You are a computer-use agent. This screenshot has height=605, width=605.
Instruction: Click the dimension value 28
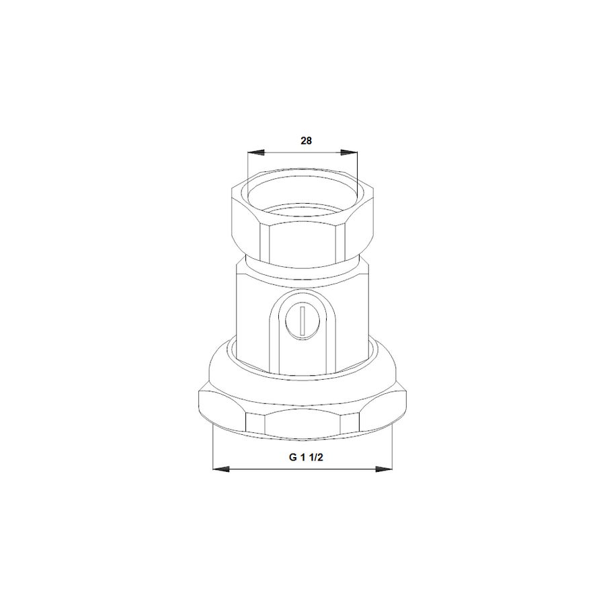pyautogui.click(x=306, y=141)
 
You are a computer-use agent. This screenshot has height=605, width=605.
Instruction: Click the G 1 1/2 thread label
pyautogui.click(x=306, y=458)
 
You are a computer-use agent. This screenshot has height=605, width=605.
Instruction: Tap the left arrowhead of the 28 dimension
pyautogui.click(x=256, y=153)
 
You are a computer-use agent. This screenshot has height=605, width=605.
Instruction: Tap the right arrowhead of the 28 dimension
pyautogui.click(x=349, y=153)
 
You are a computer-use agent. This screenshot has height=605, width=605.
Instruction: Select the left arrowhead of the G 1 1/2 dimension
pyautogui.click(x=221, y=469)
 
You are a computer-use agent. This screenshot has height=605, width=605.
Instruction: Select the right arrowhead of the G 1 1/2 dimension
pyautogui.click(x=384, y=469)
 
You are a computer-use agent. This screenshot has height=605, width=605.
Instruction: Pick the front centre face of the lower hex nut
pyautogui.click(x=302, y=424)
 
